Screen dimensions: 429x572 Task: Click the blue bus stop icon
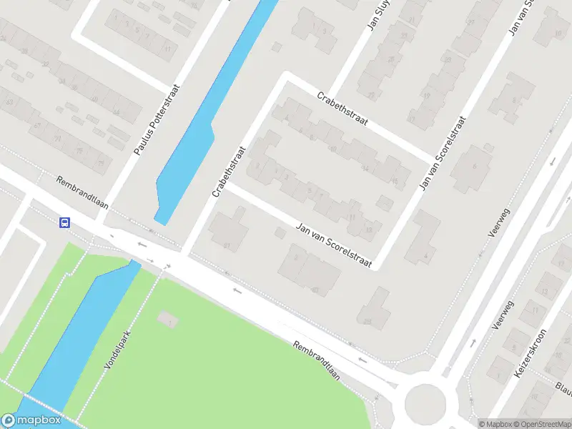tap(64, 222)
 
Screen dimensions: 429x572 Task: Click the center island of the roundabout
tap(425, 403)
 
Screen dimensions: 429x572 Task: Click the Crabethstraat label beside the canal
tap(229, 172)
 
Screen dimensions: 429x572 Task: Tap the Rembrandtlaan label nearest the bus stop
tap(82, 192)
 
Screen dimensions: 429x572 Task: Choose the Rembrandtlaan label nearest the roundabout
tap(315, 360)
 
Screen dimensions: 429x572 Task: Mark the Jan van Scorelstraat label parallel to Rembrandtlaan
tap(335, 245)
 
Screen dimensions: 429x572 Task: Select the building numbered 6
tap(473, 169)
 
